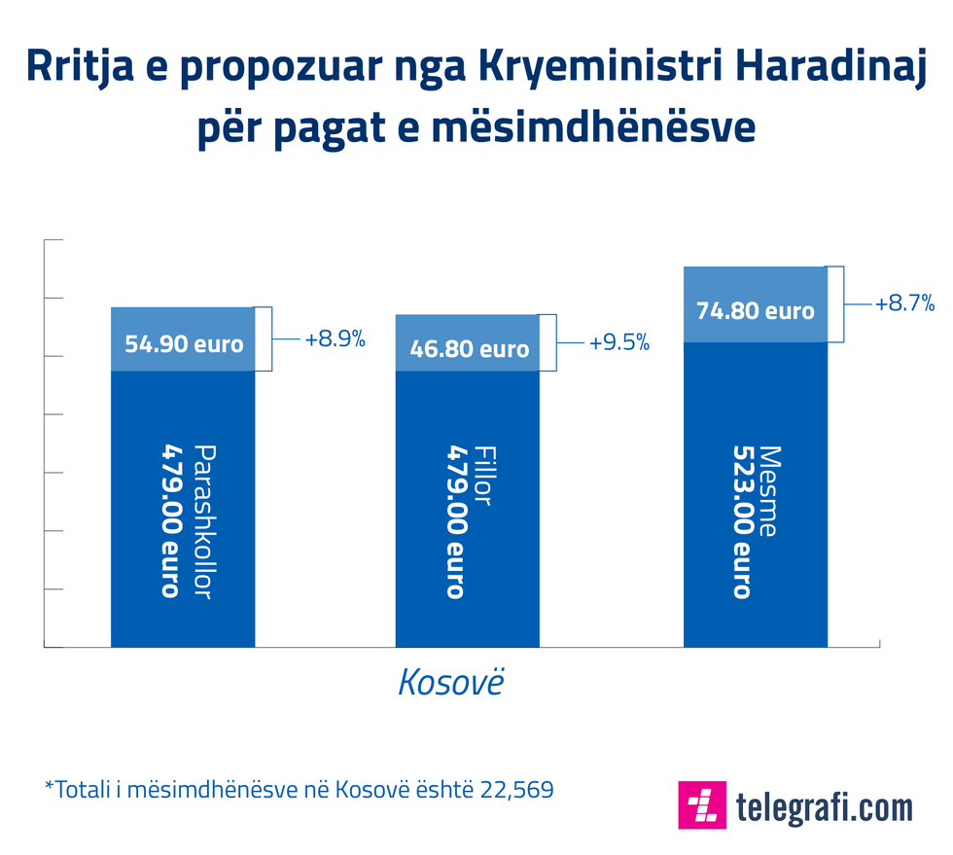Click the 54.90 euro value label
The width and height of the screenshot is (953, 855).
click(x=184, y=344)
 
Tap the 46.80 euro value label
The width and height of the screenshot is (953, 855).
click(x=470, y=349)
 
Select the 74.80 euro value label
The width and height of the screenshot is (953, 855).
click(x=756, y=311)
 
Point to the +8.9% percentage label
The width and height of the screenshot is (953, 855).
click(x=335, y=339)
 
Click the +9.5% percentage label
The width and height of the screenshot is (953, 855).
click(x=619, y=343)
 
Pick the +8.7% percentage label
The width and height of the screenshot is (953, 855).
click(x=904, y=303)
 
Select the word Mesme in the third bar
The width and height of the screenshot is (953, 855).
click(x=769, y=491)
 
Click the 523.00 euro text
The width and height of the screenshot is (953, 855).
click(x=743, y=522)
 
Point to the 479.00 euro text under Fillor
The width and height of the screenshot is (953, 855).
click(x=456, y=522)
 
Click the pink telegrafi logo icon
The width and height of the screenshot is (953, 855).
click(x=702, y=804)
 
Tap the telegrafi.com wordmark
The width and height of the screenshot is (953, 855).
click(x=825, y=806)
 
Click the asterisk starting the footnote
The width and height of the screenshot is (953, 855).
click(x=49, y=786)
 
